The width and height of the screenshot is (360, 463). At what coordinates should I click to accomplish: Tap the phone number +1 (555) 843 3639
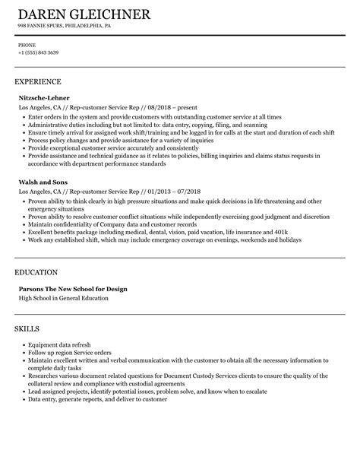point(38,52)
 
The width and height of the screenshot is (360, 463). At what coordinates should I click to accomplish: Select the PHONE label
point(27,45)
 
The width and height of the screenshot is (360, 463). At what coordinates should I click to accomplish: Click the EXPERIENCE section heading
point(37,81)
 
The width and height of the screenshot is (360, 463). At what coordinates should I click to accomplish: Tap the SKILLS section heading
point(27,308)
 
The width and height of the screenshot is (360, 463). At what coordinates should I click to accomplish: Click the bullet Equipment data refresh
point(58,325)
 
